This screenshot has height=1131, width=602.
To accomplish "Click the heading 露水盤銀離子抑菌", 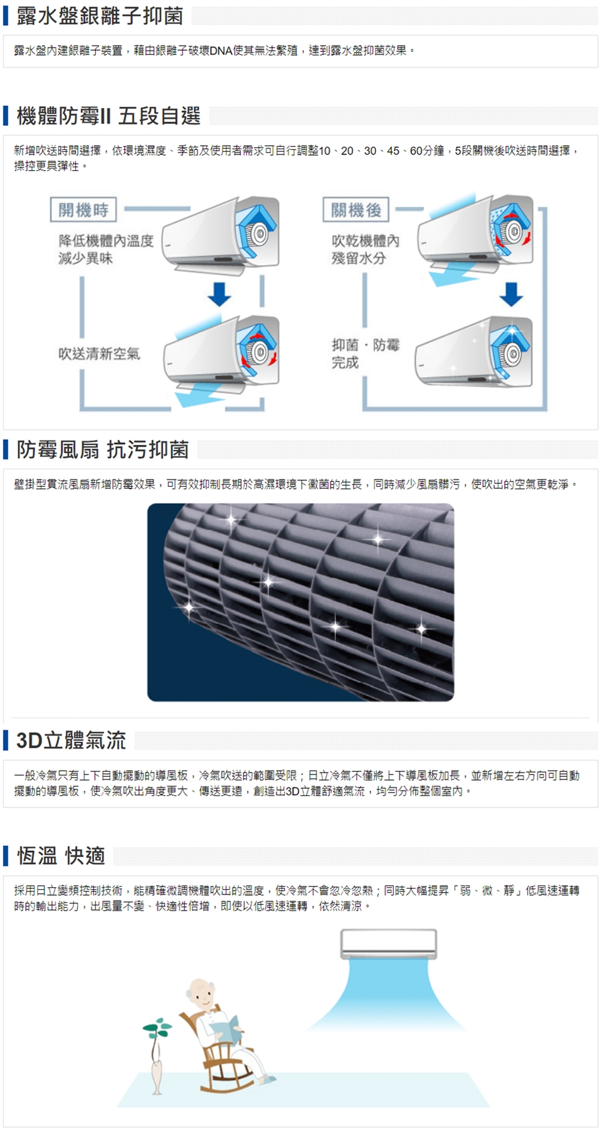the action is click(x=100, y=16).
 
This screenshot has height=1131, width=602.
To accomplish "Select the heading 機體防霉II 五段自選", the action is click(x=108, y=116).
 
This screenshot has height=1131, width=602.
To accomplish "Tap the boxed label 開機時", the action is click(x=83, y=210).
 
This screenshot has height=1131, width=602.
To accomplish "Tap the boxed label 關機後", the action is click(x=356, y=210).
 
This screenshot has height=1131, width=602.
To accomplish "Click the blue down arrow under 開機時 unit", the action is click(x=219, y=294).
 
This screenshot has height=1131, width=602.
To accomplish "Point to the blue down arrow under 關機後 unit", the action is click(x=511, y=294).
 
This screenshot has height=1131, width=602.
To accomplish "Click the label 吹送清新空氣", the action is click(x=99, y=354).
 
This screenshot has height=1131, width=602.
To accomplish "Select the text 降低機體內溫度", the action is click(x=106, y=241).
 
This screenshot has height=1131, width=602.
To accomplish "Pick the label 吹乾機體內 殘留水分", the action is click(x=365, y=249).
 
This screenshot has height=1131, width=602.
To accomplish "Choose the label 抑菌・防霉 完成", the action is click(x=365, y=353).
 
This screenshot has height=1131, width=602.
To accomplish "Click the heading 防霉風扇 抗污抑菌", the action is click(x=102, y=449).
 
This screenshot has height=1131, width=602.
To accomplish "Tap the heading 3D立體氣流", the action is click(x=71, y=740).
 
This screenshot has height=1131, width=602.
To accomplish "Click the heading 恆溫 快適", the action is click(x=61, y=855).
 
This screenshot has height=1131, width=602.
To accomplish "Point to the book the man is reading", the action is click(x=225, y=1025).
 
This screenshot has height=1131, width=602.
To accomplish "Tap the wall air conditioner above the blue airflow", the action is click(x=389, y=944).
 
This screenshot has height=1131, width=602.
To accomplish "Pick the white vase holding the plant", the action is click(x=157, y=1075).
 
